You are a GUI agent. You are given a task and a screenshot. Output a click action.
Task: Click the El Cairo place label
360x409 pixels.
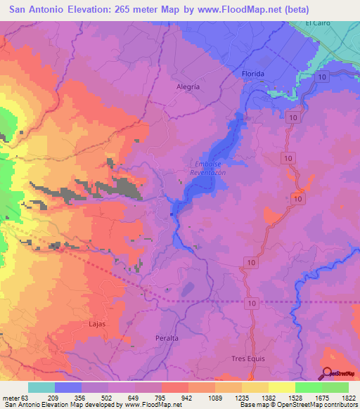tap(317, 23)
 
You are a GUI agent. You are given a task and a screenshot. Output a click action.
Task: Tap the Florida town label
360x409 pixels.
tap(252, 74)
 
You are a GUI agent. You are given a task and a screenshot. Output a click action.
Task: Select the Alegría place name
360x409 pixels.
tap(186, 86)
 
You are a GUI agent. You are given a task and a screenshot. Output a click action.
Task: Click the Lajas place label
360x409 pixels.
tap(97, 324)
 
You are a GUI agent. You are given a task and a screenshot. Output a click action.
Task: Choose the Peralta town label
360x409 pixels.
tap(167, 338)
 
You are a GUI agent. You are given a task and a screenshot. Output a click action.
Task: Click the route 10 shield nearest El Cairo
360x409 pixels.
tap(321, 75)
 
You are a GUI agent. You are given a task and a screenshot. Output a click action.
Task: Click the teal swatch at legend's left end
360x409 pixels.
tap(41, 387)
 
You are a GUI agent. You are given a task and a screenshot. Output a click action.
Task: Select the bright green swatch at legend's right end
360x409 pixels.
tap(335, 387)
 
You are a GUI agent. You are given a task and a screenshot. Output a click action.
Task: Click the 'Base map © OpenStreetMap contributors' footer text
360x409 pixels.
tap(300, 405)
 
